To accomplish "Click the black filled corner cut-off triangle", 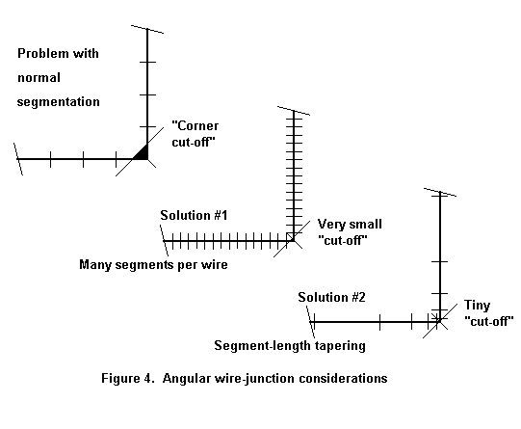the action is pyautogui.click(x=143, y=154).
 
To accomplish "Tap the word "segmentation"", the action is pyautogui.click(x=59, y=102).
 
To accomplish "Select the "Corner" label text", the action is pyautogui.click(x=195, y=125).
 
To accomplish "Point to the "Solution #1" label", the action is pyautogui.click(x=194, y=216).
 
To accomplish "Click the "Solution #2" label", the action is pyautogui.click(x=331, y=297).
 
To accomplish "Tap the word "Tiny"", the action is pyautogui.click(x=477, y=306).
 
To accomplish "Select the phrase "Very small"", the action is pyautogui.click(x=350, y=224).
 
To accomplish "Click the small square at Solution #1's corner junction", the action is pyautogui.click(x=290, y=237).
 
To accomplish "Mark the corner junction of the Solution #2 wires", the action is pyautogui.click(x=440, y=322).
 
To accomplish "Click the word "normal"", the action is pyautogui.click(x=39, y=78).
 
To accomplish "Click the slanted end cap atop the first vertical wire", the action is pyautogui.click(x=147, y=29).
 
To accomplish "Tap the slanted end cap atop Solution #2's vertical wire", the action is pyautogui.click(x=440, y=192).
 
